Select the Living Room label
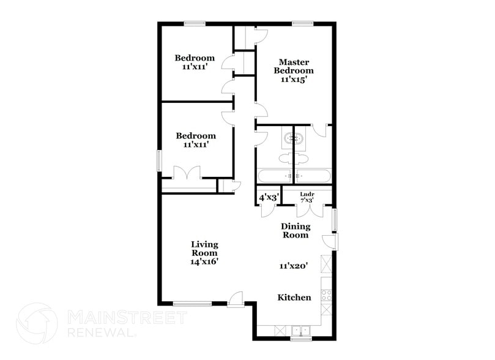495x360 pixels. point(204,248)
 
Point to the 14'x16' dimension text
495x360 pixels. point(204,261)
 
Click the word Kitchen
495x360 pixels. point(294,298)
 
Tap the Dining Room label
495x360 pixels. point(295,231)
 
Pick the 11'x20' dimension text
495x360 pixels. point(293,266)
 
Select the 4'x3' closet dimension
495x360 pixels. point(269,198)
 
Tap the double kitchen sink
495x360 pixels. point(300,329)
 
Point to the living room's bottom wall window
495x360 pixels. point(192,303)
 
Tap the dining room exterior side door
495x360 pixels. point(330,241)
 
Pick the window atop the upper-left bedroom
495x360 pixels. point(195,24)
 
